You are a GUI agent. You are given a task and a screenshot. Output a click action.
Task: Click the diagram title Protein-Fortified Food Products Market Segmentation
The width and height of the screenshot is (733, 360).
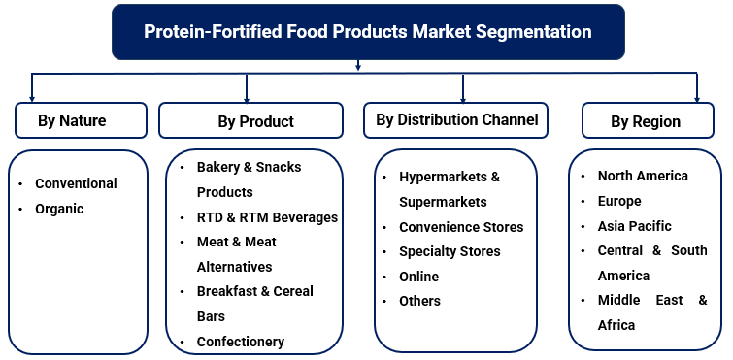point(367,31)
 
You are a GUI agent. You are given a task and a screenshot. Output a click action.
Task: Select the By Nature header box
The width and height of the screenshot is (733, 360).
point(72,121)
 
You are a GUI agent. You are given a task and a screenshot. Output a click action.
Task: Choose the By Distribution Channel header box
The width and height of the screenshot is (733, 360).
point(456,120)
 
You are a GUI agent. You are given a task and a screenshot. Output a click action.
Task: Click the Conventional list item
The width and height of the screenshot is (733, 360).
point(76,183)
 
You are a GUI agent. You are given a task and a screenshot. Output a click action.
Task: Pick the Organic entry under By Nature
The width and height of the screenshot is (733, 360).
point(59,209)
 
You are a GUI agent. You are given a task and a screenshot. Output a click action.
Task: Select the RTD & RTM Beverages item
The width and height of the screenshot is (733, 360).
point(267,217)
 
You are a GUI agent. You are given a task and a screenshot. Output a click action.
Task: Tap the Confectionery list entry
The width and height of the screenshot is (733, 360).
point(240,342)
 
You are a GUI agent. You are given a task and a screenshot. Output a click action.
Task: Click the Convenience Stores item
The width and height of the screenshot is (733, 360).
point(461,227)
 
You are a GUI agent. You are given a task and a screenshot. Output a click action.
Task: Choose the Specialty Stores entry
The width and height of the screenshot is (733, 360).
point(450,251)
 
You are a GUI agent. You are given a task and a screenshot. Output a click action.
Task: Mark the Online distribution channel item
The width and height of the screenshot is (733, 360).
point(418,277)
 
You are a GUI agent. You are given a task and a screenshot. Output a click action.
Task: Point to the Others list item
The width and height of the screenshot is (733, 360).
point(419,301)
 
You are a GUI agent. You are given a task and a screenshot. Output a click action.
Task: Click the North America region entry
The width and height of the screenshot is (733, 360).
point(643,176)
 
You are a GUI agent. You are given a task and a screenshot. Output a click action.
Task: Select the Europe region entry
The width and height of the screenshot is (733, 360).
point(619,201)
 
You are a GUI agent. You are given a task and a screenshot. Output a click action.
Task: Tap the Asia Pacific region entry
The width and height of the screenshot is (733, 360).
point(635,226)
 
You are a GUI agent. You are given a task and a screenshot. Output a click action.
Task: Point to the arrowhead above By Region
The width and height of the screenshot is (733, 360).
point(697,98)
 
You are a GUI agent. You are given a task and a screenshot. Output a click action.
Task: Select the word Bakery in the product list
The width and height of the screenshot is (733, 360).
point(217,167)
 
